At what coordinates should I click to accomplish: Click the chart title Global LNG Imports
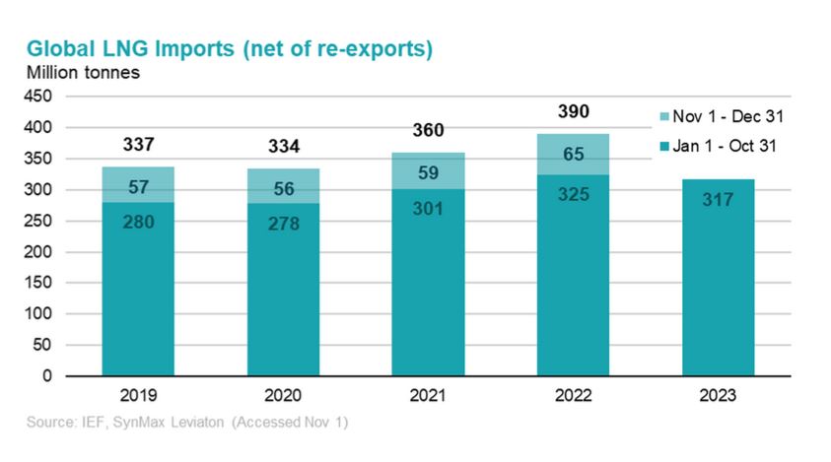[229, 49]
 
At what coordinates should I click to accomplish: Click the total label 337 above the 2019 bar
[139, 145]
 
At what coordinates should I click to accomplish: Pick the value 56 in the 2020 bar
[283, 187]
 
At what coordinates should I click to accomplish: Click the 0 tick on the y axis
[46, 376]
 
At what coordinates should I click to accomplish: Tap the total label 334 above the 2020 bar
[283, 147]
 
